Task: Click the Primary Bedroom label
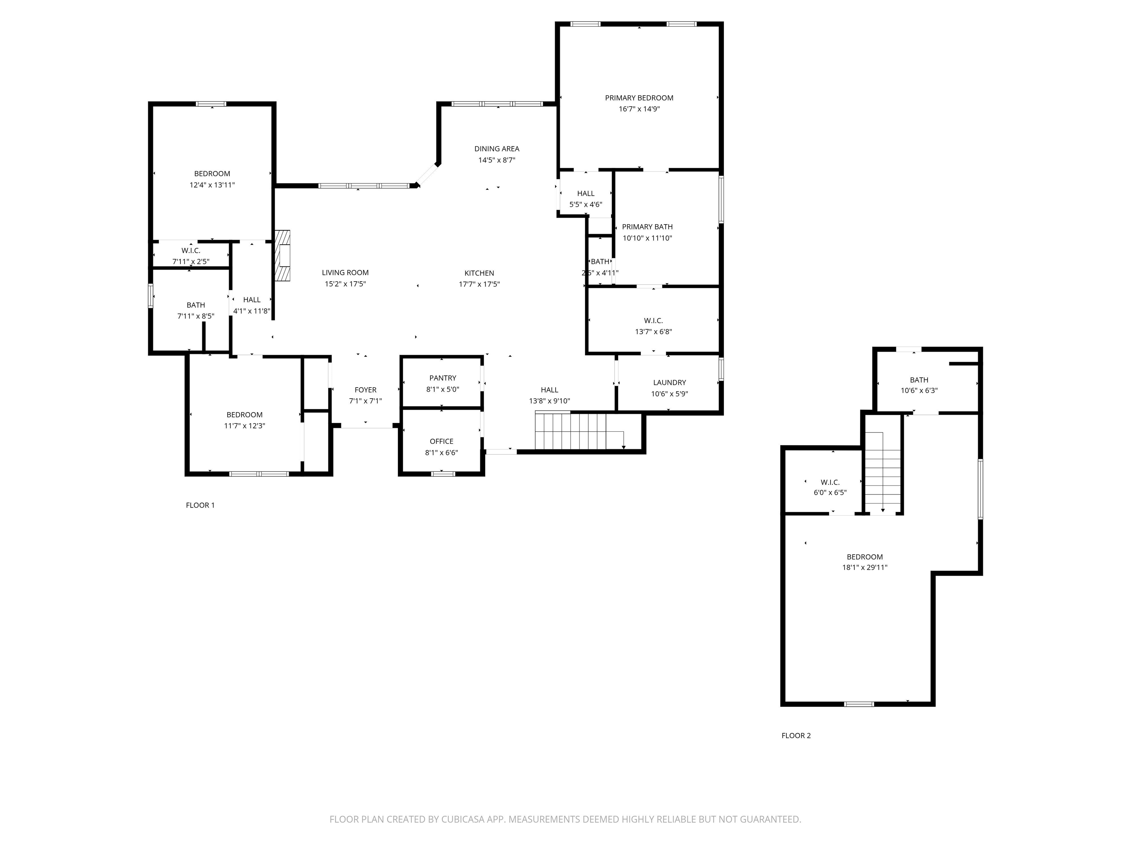(639, 98)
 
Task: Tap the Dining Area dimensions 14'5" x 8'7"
(497, 160)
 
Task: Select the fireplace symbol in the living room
(282, 255)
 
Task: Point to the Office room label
(442, 441)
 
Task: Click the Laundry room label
(669, 382)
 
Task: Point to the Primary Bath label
(647, 226)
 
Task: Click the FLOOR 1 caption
(200, 505)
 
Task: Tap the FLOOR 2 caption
(796, 735)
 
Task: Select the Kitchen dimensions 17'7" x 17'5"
(479, 284)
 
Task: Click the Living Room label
(345, 272)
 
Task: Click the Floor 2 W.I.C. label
(830, 482)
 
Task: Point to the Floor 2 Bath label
(919, 380)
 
